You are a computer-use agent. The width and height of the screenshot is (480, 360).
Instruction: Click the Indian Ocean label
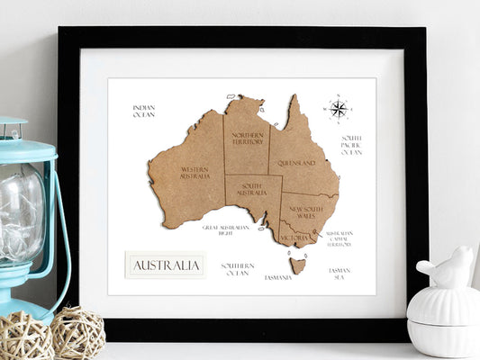click(144, 111)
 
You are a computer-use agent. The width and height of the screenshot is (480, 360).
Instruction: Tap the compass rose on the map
click(338, 109)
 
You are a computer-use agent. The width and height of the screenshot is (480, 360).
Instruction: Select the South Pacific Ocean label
click(351, 145)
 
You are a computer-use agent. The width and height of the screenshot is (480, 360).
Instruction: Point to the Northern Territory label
click(247, 139)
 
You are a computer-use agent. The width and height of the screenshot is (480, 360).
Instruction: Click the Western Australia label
click(195, 172)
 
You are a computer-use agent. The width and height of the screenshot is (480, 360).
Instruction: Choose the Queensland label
click(296, 164)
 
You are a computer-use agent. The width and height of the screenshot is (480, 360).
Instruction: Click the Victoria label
click(294, 238)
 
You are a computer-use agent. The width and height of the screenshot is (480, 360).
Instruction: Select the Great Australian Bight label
click(224, 230)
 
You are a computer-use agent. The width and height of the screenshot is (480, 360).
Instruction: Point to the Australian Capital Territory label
click(340, 238)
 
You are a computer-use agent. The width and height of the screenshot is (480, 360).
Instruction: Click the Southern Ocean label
click(238, 268)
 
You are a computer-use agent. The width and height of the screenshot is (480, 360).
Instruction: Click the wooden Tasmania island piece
click(298, 265)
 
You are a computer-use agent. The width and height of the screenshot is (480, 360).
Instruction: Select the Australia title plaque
click(166, 265)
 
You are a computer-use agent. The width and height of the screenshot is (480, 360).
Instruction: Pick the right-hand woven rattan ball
click(77, 332)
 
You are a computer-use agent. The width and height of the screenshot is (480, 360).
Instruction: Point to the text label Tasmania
click(278, 277)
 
